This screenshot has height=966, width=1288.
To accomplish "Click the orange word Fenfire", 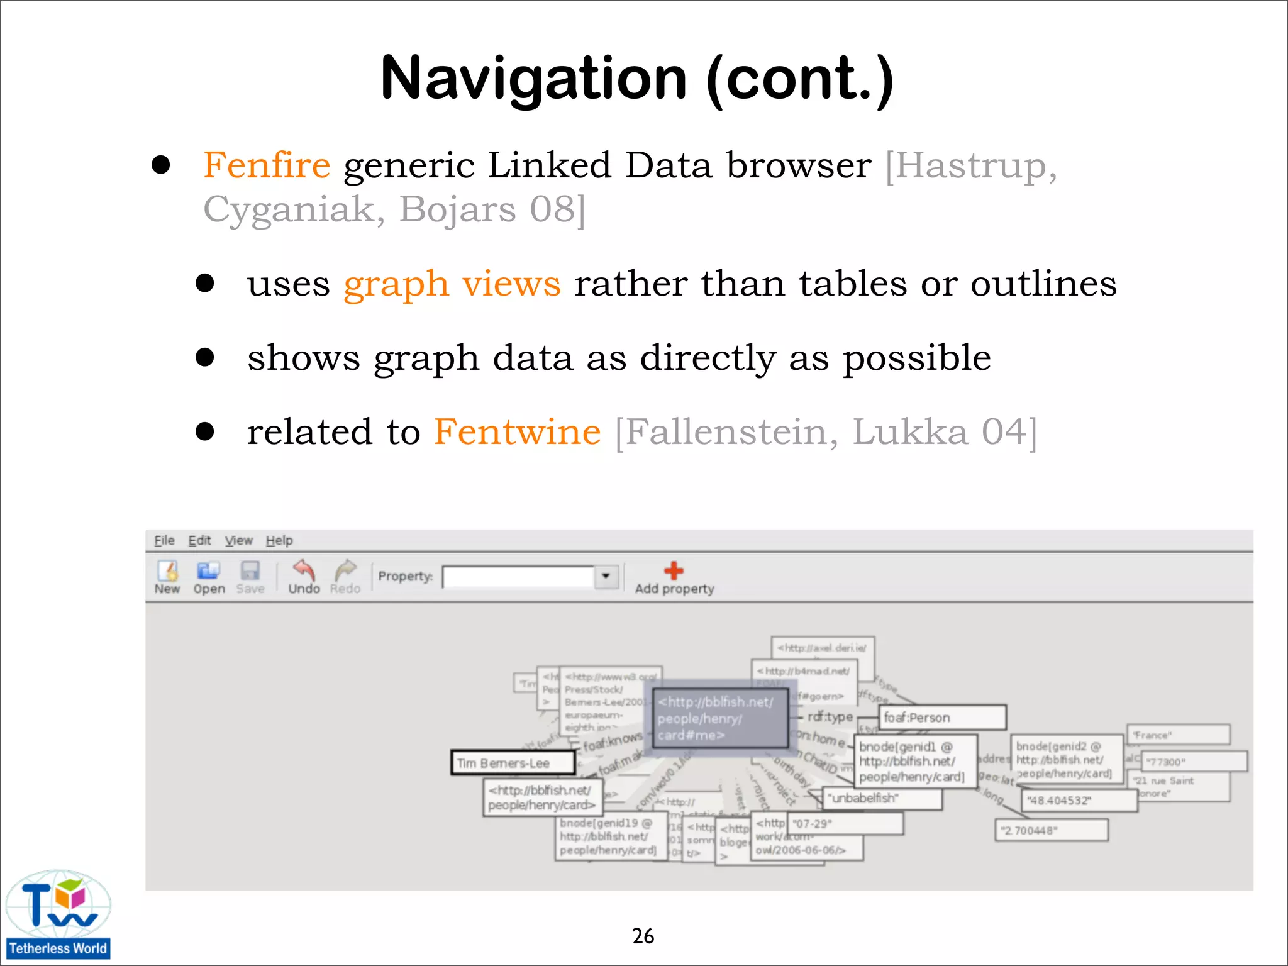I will pyautogui.click(x=267, y=165).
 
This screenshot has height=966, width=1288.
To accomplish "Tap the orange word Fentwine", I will pyautogui.click(x=517, y=432).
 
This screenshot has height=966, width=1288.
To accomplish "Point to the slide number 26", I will pyautogui.click(x=643, y=936).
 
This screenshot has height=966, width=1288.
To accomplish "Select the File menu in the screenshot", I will pyautogui.click(x=164, y=540).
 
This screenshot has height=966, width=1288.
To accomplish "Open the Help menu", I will pyautogui.click(x=279, y=540).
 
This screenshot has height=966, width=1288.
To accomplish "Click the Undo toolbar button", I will pyautogui.click(x=304, y=577).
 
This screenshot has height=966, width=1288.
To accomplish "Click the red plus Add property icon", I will pyautogui.click(x=674, y=571).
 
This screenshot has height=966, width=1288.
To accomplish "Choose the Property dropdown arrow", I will pyautogui.click(x=606, y=576).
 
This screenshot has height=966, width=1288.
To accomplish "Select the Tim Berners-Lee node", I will pyautogui.click(x=513, y=763).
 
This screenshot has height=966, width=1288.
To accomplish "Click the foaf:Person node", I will pyautogui.click(x=941, y=718).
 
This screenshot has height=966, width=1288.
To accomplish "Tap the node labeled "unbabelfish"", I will pyautogui.click(x=882, y=798).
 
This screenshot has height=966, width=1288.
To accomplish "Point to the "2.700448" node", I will pyautogui.click(x=1051, y=830).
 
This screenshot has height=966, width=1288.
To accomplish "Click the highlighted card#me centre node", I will pyautogui.click(x=720, y=718).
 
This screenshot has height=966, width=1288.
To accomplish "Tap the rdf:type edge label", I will pyautogui.click(x=830, y=717).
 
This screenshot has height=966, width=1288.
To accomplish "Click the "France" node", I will pyautogui.click(x=1177, y=735).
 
